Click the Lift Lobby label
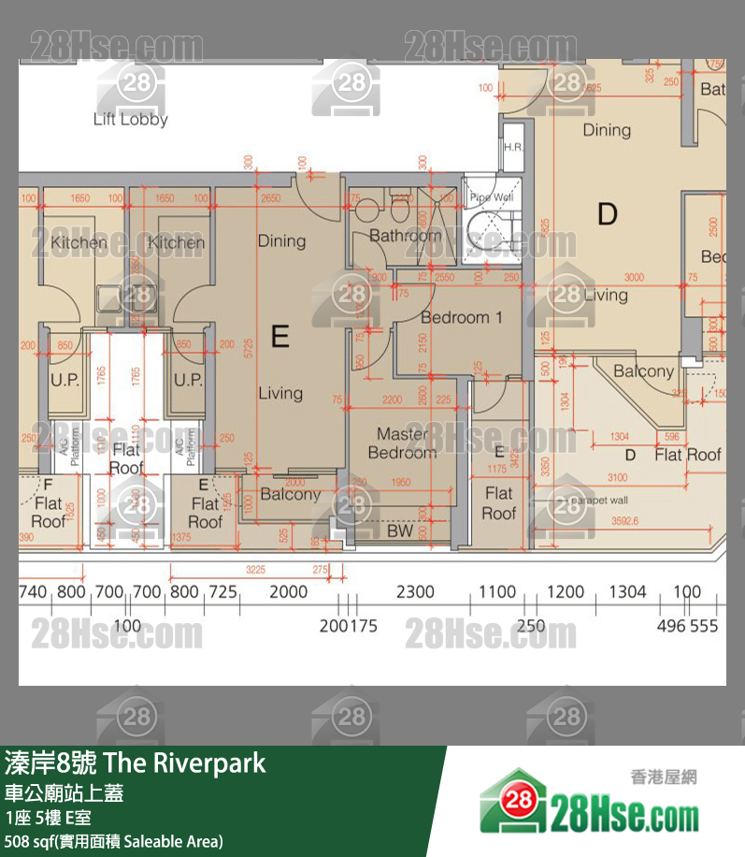point(130,120)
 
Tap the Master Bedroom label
point(402,443)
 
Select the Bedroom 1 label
point(461,317)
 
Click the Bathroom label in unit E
point(405,236)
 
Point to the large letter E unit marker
point(279,335)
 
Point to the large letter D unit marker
point(608,215)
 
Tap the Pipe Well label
point(491,197)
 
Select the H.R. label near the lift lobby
point(513,148)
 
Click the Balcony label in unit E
point(290,494)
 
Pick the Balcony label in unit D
point(643,371)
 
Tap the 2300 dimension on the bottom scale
point(415,591)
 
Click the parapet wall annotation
point(597,501)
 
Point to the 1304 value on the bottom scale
point(627,591)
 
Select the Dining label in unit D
point(607,130)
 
